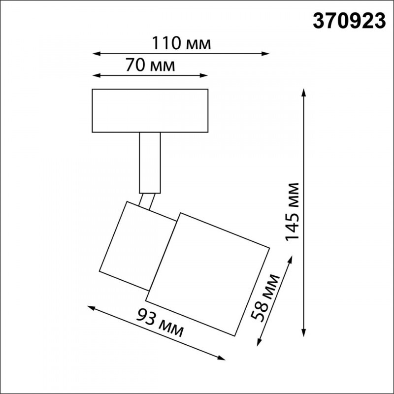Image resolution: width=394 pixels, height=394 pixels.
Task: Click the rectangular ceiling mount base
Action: [x=150, y=111]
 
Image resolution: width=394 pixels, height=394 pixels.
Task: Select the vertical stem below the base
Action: [x=150, y=163]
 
